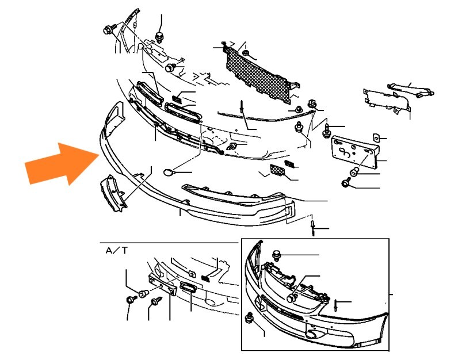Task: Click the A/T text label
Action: [117, 251]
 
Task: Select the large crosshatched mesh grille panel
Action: [257, 76]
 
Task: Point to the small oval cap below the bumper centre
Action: [169, 172]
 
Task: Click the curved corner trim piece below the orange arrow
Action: [113, 193]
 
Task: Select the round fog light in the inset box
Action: [311, 334]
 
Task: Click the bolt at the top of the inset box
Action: [277, 255]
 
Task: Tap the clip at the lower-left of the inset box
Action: [250, 317]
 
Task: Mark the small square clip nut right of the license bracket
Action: [376, 137]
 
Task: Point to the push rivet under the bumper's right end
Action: [312, 227]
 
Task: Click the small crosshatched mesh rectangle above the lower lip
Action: [277, 170]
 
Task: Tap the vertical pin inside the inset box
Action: [335, 305]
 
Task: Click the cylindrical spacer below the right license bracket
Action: [354, 171]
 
